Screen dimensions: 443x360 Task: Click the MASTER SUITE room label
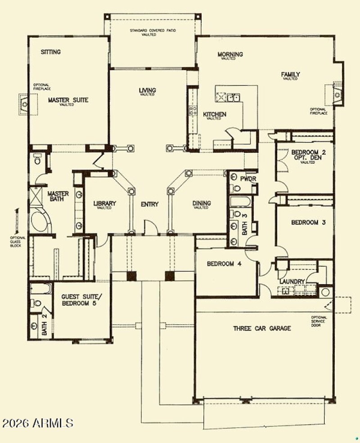(68, 100)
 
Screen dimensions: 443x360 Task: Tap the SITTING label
(50, 52)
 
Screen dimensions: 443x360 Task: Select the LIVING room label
(147, 91)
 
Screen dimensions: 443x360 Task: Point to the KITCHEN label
(214, 114)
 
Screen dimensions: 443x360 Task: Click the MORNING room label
(230, 54)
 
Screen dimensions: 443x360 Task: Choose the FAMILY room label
(291, 75)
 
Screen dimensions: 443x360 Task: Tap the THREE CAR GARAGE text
(262, 328)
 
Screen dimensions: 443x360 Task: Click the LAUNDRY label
(292, 282)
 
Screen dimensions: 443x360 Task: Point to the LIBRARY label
(105, 204)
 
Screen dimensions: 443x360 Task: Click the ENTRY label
(149, 204)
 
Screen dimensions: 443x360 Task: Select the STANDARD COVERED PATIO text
(153, 31)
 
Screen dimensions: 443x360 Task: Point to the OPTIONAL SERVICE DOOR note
(319, 321)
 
